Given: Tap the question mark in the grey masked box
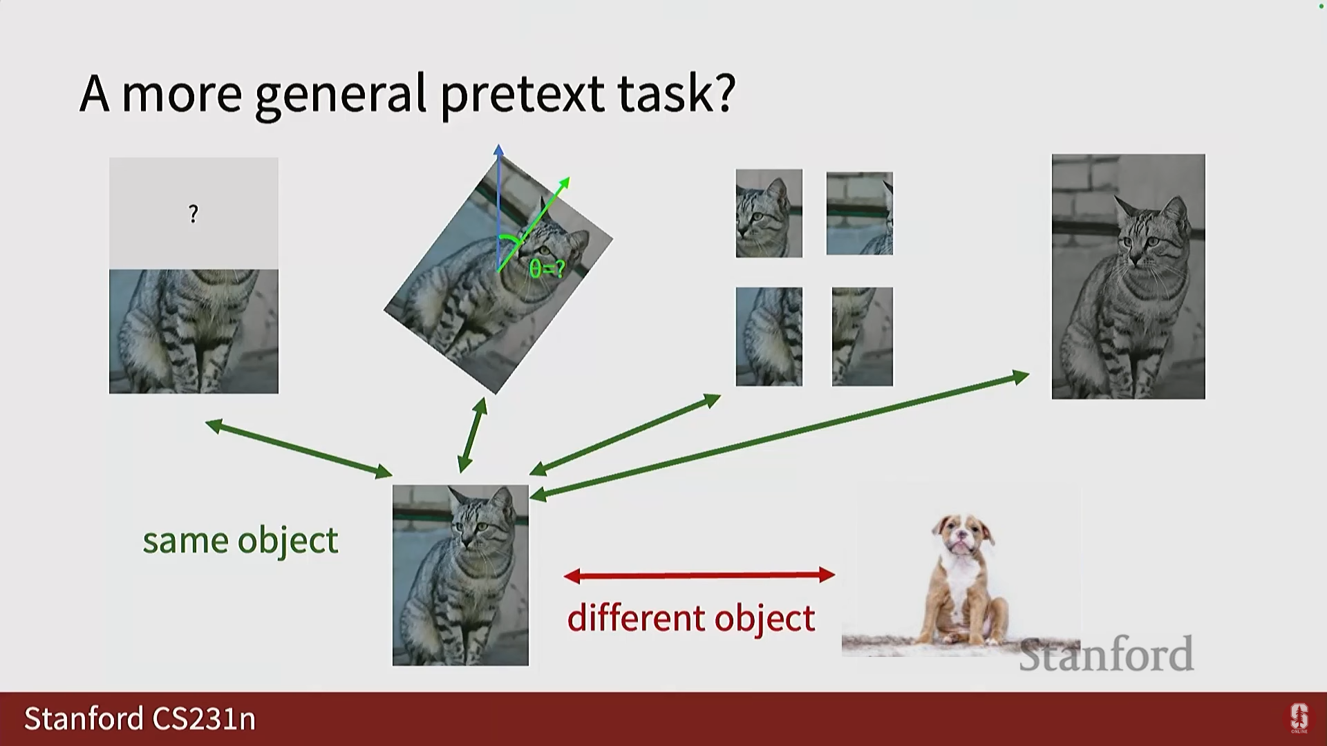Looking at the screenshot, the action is (x=194, y=214).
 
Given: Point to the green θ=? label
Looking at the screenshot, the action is (x=547, y=269).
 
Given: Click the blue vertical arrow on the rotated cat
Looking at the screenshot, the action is (x=498, y=207).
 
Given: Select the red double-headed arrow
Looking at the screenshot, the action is (x=699, y=575).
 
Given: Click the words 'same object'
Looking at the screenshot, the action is (x=241, y=540).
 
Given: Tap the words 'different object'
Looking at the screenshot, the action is (x=691, y=617).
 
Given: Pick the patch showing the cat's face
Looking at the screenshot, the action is (x=769, y=213).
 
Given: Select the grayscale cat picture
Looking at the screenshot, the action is (x=1129, y=276).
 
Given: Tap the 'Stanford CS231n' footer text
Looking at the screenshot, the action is (x=140, y=719).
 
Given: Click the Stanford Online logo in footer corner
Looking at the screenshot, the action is (x=1299, y=718).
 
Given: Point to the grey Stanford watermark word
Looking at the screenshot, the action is (x=1107, y=654).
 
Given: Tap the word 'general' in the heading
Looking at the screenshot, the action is (x=341, y=94).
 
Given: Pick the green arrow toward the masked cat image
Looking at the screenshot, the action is (x=299, y=448).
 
